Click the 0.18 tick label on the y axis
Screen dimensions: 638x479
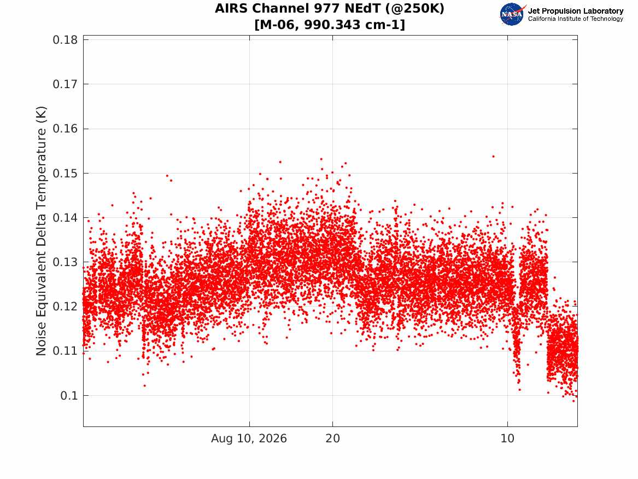65,40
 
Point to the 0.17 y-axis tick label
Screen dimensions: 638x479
65,84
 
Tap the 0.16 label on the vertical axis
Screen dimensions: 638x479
65,129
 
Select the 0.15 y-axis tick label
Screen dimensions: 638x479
65,173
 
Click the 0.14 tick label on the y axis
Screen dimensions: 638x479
65,217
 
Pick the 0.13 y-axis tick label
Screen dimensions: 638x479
65,262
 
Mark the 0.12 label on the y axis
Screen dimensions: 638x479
65,307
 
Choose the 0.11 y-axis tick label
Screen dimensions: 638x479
65,351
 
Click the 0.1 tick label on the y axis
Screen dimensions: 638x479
69,395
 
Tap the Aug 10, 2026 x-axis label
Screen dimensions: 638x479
249,438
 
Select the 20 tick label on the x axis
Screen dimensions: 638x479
333,438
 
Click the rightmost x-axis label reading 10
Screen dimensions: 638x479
507,438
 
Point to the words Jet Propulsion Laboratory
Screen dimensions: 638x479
576,11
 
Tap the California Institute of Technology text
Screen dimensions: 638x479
576,19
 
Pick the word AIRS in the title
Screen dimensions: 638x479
231,8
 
